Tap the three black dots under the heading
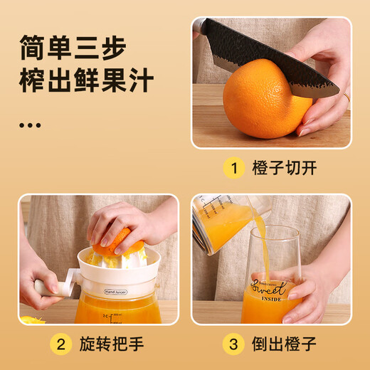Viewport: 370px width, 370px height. tap(30, 125)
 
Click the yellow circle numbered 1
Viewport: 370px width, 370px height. tap(231, 169)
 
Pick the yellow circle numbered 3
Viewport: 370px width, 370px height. tap(231, 345)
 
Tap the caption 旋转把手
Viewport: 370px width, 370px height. tap(114, 345)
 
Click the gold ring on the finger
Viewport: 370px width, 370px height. tap(347, 97)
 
